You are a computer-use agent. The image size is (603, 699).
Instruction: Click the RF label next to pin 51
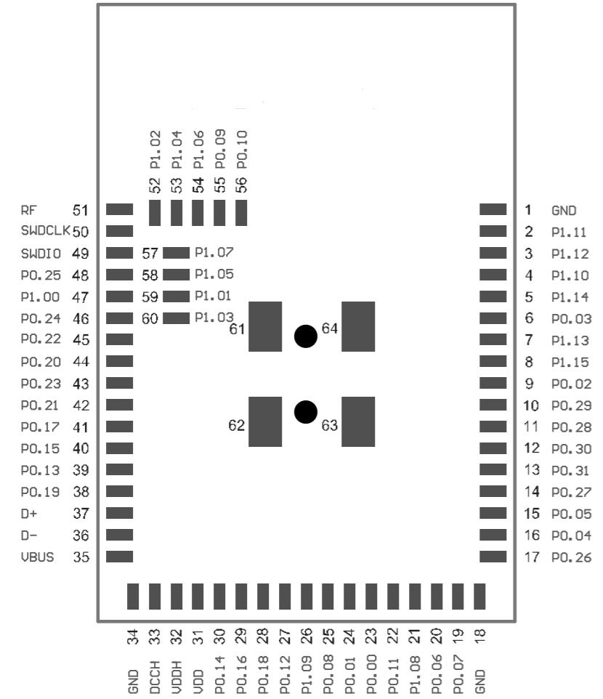coord(28,211)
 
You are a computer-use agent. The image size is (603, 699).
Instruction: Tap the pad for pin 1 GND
coord(493,209)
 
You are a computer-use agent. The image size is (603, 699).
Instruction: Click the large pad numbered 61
coord(265,327)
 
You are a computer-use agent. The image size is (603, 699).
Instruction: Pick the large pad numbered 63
coord(358,421)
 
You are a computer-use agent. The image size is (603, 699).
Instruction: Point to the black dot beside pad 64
coord(306,336)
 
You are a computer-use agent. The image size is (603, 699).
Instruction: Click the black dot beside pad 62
coord(306,412)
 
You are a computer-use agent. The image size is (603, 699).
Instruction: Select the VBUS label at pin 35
coord(36,557)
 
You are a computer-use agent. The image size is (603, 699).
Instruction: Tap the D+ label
coord(28,514)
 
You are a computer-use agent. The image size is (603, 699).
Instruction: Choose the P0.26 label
coord(571,557)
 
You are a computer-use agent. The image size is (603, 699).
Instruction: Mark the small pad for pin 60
coord(176,318)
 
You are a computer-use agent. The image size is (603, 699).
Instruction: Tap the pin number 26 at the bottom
coord(307,637)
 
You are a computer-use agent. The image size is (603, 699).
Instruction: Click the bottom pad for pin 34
coord(133,596)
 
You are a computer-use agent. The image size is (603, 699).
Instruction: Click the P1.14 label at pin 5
coord(571,297)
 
